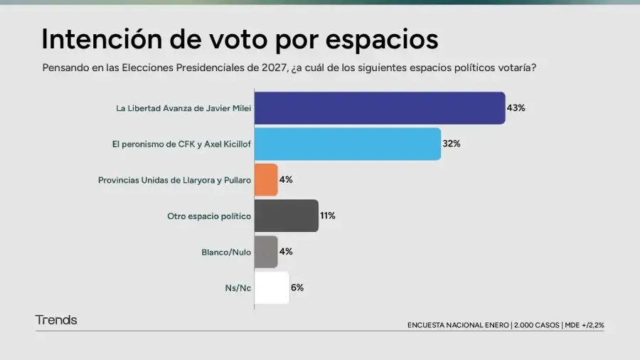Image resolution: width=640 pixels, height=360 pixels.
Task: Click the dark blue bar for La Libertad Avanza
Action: click(x=379, y=108)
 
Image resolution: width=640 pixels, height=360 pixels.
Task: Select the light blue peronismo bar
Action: click(x=347, y=144)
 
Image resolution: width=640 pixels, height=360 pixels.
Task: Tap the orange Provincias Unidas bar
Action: click(x=265, y=180)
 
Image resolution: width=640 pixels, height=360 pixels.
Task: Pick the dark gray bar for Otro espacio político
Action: click(x=286, y=216)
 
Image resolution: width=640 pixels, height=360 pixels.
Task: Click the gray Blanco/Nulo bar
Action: click(x=265, y=252)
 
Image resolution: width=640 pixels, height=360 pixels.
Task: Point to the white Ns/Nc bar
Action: click(x=272, y=287)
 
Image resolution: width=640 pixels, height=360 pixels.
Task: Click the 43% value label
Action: click(x=516, y=108)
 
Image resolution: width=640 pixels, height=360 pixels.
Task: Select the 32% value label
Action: click(x=452, y=144)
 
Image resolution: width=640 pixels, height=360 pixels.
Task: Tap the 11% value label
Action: click(x=327, y=216)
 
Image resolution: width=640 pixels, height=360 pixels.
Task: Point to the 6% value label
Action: click(x=297, y=287)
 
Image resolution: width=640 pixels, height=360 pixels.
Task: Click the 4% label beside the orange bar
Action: click(x=286, y=180)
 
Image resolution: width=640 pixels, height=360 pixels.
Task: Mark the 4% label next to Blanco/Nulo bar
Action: click(x=286, y=252)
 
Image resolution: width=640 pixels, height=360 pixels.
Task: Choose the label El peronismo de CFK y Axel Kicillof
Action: click(x=181, y=144)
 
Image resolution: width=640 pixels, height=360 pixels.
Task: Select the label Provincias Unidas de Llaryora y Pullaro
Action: click(x=174, y=180)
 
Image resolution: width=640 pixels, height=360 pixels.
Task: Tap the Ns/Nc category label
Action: click(x=238, y=287)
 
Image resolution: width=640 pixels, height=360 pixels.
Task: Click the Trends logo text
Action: click(x=56, y=320)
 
